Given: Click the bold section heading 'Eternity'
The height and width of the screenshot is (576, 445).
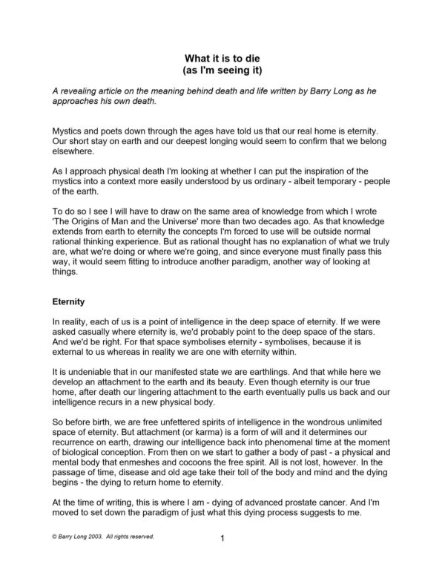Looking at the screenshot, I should (71, 302).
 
